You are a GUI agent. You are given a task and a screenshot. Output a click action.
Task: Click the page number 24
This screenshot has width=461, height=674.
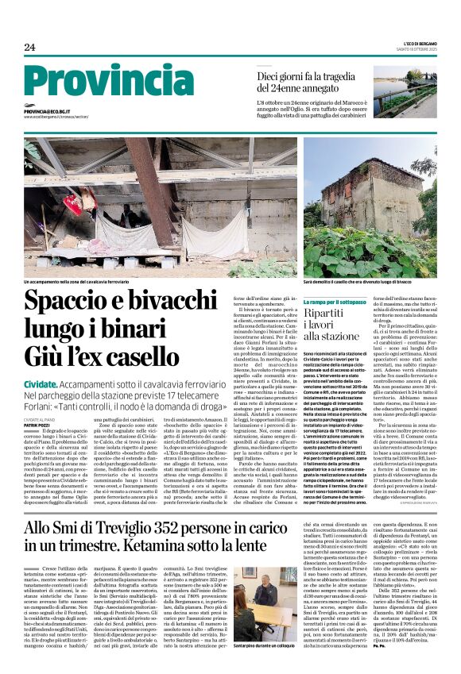pyautogui.click(x=30, y=48)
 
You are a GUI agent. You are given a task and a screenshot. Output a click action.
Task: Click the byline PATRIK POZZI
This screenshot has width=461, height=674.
pyautogui.click(x=38, y=425)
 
